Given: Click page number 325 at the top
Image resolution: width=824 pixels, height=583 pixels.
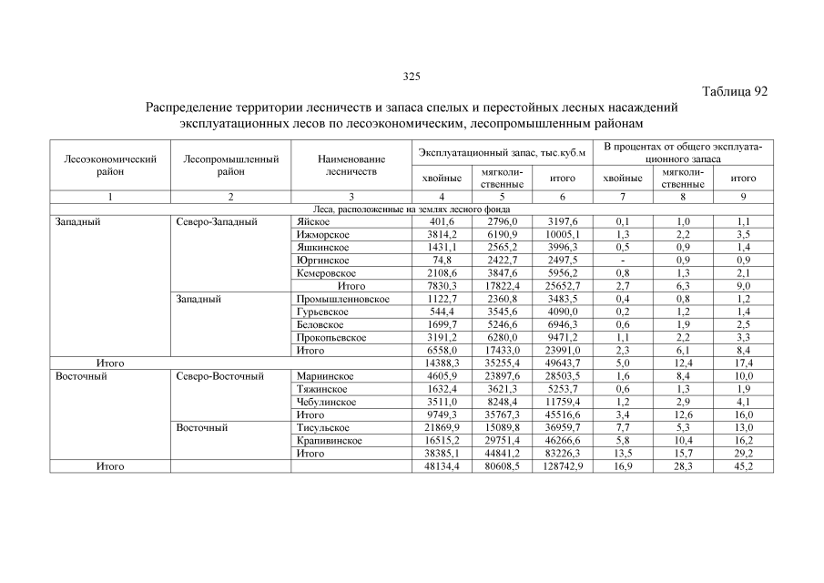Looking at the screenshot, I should [x=412, y=76].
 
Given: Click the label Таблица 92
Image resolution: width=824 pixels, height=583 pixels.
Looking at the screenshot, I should [x=737, y=91].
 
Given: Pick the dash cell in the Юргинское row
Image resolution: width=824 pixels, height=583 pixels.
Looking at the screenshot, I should [x=623, y=260].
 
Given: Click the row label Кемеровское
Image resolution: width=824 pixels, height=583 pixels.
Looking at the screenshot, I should [x=326, y=272].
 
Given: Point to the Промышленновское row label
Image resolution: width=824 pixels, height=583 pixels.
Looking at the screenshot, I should [x=343, y=299].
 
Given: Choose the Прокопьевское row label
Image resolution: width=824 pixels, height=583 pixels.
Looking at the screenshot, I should [x=331, y=337].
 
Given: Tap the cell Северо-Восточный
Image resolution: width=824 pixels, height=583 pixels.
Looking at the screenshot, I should [x=219, y=375].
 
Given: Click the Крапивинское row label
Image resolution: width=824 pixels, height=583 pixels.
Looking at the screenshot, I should [x=329, y=440].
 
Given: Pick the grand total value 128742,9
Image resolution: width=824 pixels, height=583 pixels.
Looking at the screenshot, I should [x=562, y=466].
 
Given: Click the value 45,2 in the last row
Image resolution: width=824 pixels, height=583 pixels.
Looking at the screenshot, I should [x=745, y=466].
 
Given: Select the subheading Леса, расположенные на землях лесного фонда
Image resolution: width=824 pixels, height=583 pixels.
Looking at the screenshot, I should [x=412, y=209].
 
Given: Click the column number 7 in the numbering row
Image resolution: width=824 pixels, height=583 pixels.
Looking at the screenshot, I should [x=623, y=197].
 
